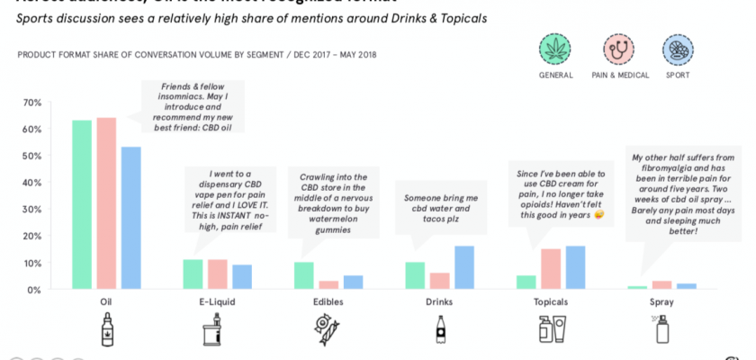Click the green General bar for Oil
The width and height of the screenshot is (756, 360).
click(x=82, y=205)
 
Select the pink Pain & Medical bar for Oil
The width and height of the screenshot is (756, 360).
click(x=106, y=204)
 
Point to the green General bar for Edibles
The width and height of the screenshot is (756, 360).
click(x=304, y=276)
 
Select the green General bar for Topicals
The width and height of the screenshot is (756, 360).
click(x=526, y=283)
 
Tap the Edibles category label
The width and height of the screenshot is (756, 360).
click(x=328, y=302)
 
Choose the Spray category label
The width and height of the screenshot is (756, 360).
click(x=662, y=302)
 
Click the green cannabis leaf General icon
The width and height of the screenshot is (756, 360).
click(x=555, y=49)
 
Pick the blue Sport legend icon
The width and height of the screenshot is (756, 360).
click(x=678, y=49)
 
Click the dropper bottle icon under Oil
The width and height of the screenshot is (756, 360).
click(x=107, y=329)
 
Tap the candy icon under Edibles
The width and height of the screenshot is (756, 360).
click(x=328, y=329)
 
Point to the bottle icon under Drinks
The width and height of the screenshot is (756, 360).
click(x=440, y=329)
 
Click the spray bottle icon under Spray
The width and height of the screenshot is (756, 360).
click(x=662, y=329)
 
